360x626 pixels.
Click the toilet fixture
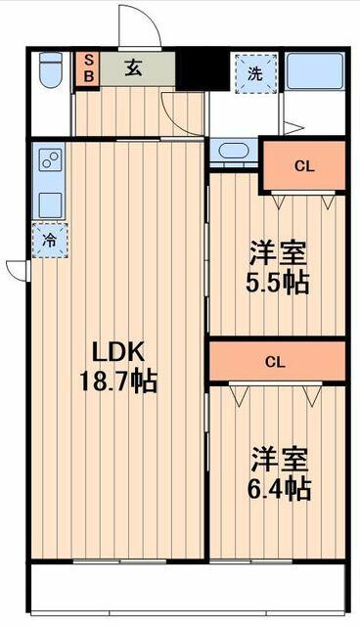51,69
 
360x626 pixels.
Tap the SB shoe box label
89,68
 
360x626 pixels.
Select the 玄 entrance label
133,68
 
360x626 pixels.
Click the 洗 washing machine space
256,73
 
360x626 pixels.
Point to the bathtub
315,71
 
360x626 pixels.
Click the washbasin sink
234,151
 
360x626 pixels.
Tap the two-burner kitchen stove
50,159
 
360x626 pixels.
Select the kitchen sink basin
50,205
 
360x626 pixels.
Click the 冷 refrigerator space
50,241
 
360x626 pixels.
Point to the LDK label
117,351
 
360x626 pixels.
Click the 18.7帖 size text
118,381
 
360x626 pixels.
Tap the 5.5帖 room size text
278,283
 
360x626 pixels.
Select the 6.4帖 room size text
279,489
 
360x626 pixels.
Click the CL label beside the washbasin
304,166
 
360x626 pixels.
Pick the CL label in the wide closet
275,362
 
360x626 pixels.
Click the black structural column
202,69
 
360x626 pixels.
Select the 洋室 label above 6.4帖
279,459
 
